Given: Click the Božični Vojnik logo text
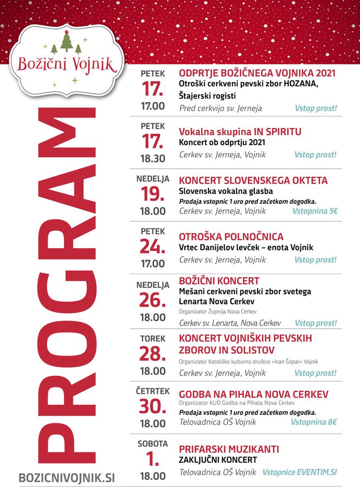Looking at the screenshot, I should (x=66, y=63).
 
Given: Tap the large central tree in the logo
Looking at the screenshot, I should (x=66, y=43).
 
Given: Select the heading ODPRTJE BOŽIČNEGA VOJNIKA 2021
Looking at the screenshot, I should (x=257, y=73).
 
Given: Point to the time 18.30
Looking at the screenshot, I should (x=153, y=159).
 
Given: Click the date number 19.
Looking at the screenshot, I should (x=153, y=194).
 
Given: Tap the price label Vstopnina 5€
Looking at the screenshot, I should (x=315, y=211).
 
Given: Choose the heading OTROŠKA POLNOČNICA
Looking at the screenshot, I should (x=231, y=237).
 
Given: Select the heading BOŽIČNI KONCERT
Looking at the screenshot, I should (x=219, y=281).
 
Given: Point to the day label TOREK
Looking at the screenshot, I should (x=153, y=339).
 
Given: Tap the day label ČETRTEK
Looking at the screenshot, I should (x=153, y=391).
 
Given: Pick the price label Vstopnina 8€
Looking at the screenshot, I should (x=314, y=422).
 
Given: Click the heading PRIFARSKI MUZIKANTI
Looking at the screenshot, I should (x=229, y=449).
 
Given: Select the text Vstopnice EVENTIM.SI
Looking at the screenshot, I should (x=300, y=472).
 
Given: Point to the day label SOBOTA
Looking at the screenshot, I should (x=153, y=443).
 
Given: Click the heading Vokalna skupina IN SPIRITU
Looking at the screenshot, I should (x=240, y=132).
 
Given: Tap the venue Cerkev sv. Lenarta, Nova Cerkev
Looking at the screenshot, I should (x=230, y=323).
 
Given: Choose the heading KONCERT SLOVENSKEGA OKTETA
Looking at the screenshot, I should (x=253, y=181).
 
